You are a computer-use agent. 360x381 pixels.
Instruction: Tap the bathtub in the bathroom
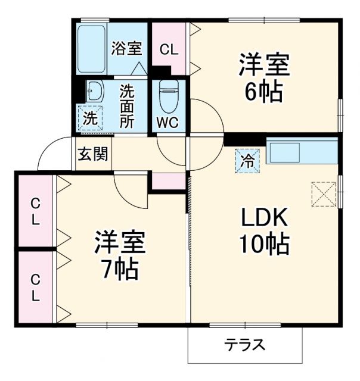(x=92, y=48)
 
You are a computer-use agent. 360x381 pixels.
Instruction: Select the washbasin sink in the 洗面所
(x=94, y=91)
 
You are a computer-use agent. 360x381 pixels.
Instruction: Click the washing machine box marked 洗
(x=89, y=117)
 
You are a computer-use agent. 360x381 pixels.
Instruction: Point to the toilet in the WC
(x=169, y=95)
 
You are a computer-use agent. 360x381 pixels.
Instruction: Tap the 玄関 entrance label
(x=92, y=155)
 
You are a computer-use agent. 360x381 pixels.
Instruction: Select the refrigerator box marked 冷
(x=247, y=160)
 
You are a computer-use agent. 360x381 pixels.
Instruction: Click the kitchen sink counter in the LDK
(x=301, y=152)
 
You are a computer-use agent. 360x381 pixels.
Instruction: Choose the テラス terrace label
(x=245, y=345)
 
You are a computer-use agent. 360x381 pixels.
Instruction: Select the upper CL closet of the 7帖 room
(x=36, y=211)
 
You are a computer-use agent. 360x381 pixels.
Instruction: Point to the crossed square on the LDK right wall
(x=323, y=192)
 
